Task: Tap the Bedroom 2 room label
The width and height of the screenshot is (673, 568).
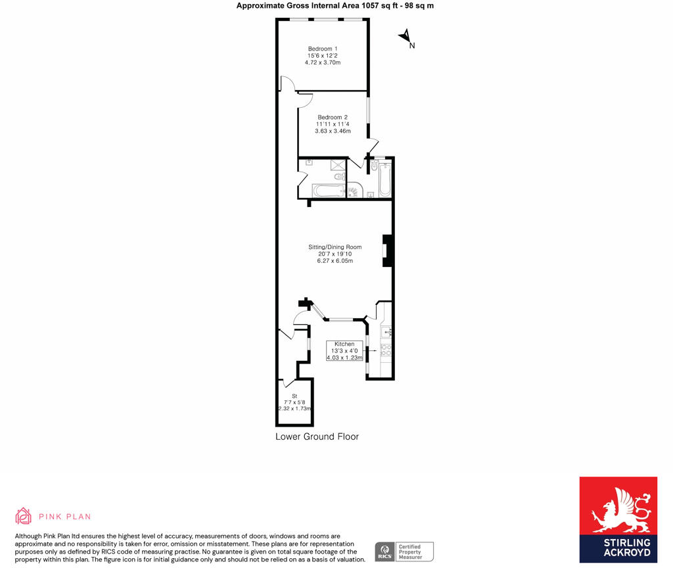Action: coord(333,124)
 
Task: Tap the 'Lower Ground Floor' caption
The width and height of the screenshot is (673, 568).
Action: coord(317,437)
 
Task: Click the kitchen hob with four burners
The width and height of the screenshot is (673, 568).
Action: coord(386,350)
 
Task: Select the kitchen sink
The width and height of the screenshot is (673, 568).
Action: coord(386,332)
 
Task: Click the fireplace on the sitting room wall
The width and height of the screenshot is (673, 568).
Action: coord(388,251)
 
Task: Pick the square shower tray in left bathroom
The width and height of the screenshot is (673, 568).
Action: coord(337,165)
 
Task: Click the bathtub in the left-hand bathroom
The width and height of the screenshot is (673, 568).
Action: coord(327,191)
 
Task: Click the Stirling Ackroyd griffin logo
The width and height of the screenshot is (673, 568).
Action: coord(618,509)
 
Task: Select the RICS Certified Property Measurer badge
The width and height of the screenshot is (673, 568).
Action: coord(404,551)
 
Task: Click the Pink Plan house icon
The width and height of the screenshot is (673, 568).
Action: coord(24,516)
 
